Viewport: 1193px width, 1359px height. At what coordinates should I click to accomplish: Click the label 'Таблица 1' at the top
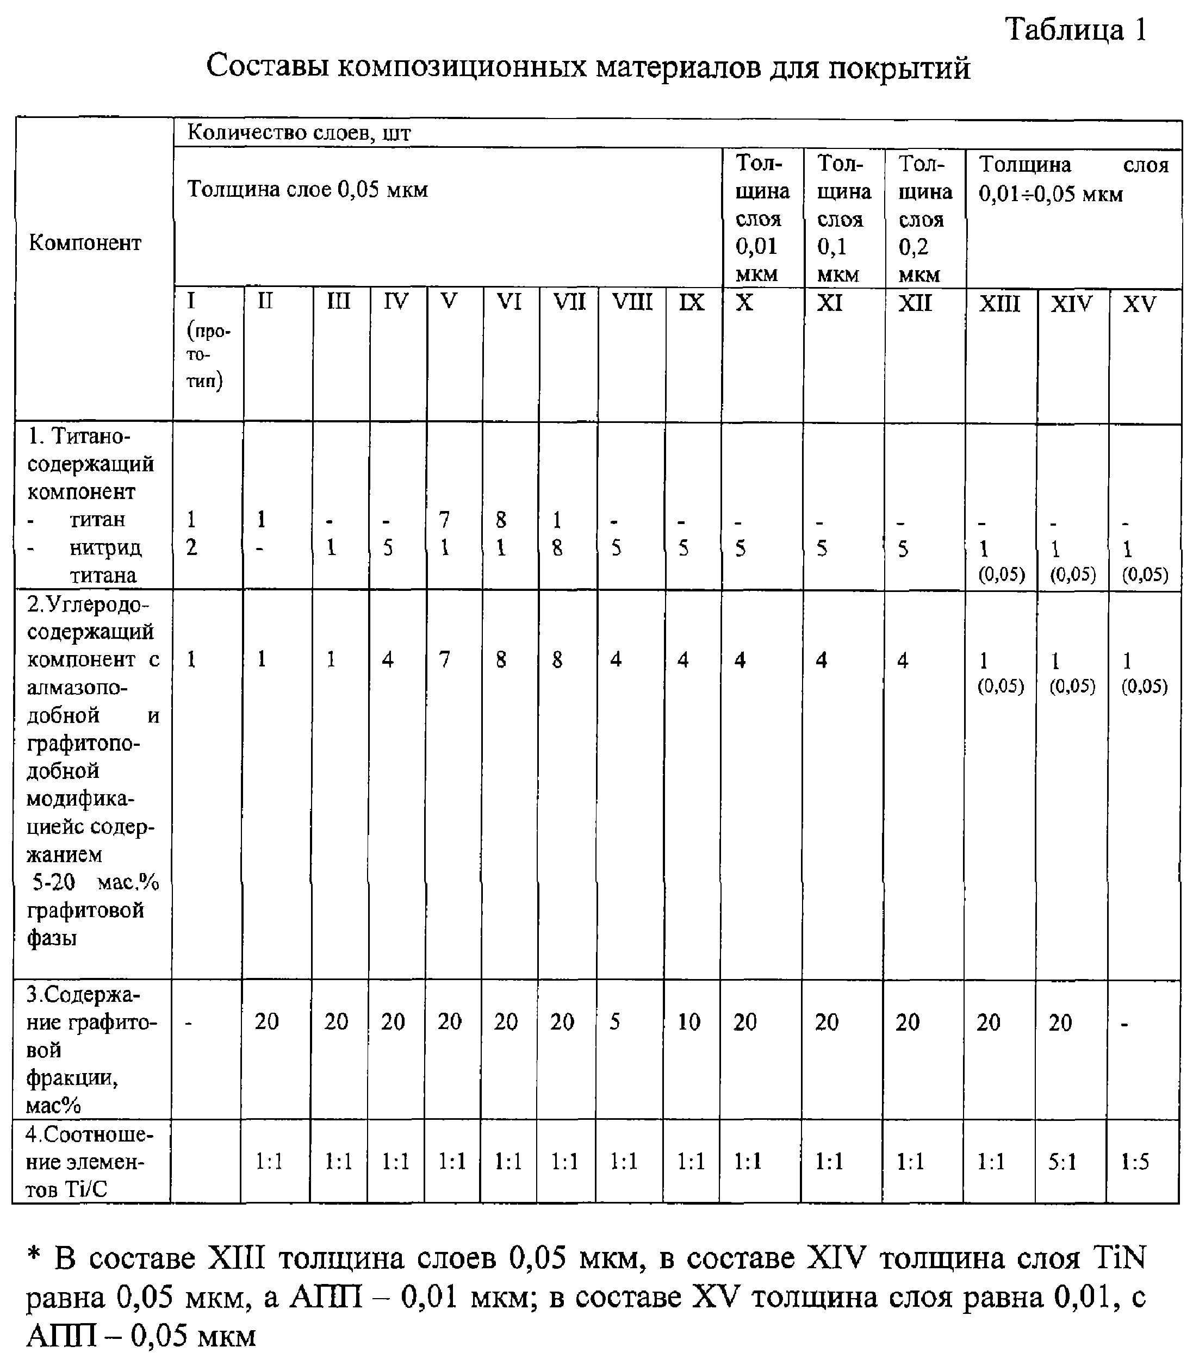pos(1076,30)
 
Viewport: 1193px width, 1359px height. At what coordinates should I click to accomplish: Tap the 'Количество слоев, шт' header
pos(299,132)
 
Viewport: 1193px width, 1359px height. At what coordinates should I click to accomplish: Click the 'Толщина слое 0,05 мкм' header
pos(307,190)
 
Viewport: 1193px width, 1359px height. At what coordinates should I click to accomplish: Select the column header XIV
pos(1071,304)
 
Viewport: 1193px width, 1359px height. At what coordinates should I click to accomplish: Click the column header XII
pos(915,303)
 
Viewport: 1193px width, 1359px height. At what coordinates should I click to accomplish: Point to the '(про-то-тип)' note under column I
pos(207,355)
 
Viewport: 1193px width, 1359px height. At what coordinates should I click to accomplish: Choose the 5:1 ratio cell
pos(1062,1162)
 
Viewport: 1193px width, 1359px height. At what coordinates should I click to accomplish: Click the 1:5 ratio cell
pos(1134,1162)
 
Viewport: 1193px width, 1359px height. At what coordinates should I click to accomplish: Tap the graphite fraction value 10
pos(688,1021)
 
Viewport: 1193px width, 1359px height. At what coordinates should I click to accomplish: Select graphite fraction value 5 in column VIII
pos(614,1021)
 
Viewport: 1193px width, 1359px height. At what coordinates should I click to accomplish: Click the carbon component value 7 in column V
pos(444,659)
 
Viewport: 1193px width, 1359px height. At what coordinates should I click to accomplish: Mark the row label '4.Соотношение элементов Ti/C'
pos(89,1161)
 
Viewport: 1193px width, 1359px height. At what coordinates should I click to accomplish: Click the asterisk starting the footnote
pos(35,1257)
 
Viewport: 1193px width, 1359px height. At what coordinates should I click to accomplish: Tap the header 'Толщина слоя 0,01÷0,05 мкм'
pos(1073,179)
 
